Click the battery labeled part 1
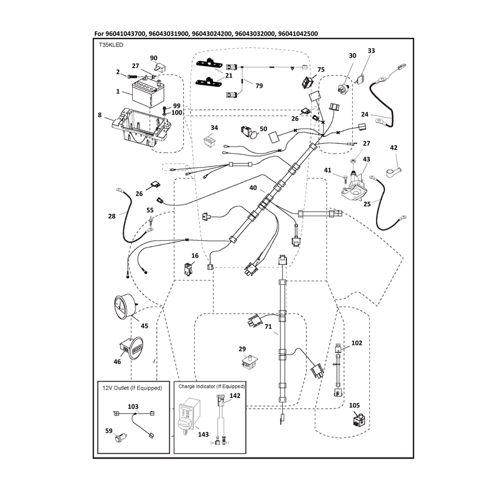pos(149,94)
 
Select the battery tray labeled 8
pos(141,128)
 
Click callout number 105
pos(354,405)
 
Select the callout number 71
pos(268,327)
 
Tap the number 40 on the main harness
pos(253,188)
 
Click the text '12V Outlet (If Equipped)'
pos(132,388)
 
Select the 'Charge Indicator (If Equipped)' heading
pos(211,386)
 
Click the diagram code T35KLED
pos(111,45)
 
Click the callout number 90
pos(154,58)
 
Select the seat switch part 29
pos(250,362)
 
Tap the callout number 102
pos(356,343)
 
